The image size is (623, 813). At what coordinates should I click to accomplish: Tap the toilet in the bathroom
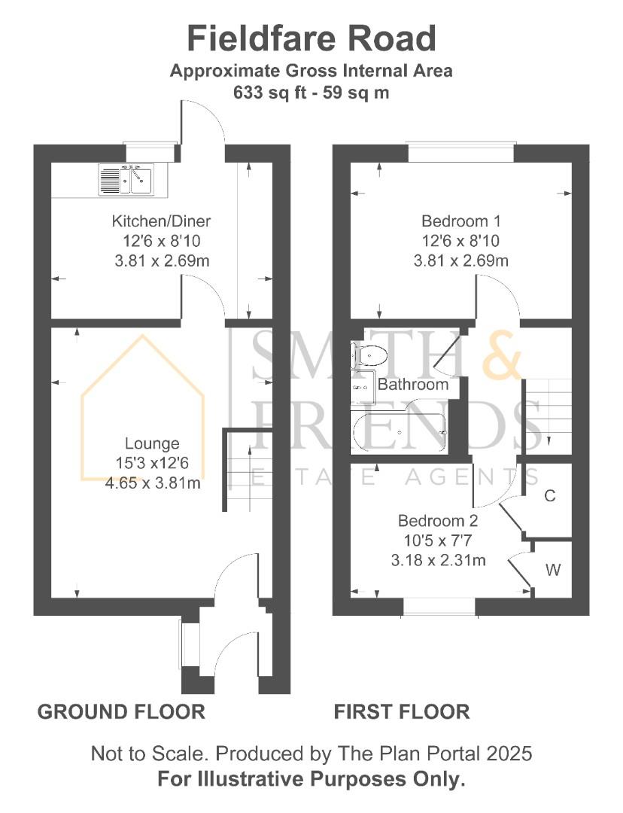tap(369, 354)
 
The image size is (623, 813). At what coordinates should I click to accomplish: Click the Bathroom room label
tap(413, 385)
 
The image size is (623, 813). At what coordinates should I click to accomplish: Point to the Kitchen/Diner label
tap(161, 221)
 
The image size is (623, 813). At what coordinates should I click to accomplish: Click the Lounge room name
tap(152, 443)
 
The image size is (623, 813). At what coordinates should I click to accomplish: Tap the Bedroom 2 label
tap(438, 520)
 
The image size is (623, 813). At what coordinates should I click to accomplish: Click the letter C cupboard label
tap(549, 495)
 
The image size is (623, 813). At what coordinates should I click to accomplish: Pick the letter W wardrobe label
tap(552, 570)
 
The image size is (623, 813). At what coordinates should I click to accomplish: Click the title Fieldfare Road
tap(311, 38)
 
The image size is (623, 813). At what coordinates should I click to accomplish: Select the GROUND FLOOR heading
tap(121, 711)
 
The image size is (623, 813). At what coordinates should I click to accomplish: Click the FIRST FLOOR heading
tap(402, 711)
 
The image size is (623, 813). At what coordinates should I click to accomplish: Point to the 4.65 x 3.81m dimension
tap(153, 483)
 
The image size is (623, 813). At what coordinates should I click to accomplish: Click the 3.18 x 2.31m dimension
tap(438, 560)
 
